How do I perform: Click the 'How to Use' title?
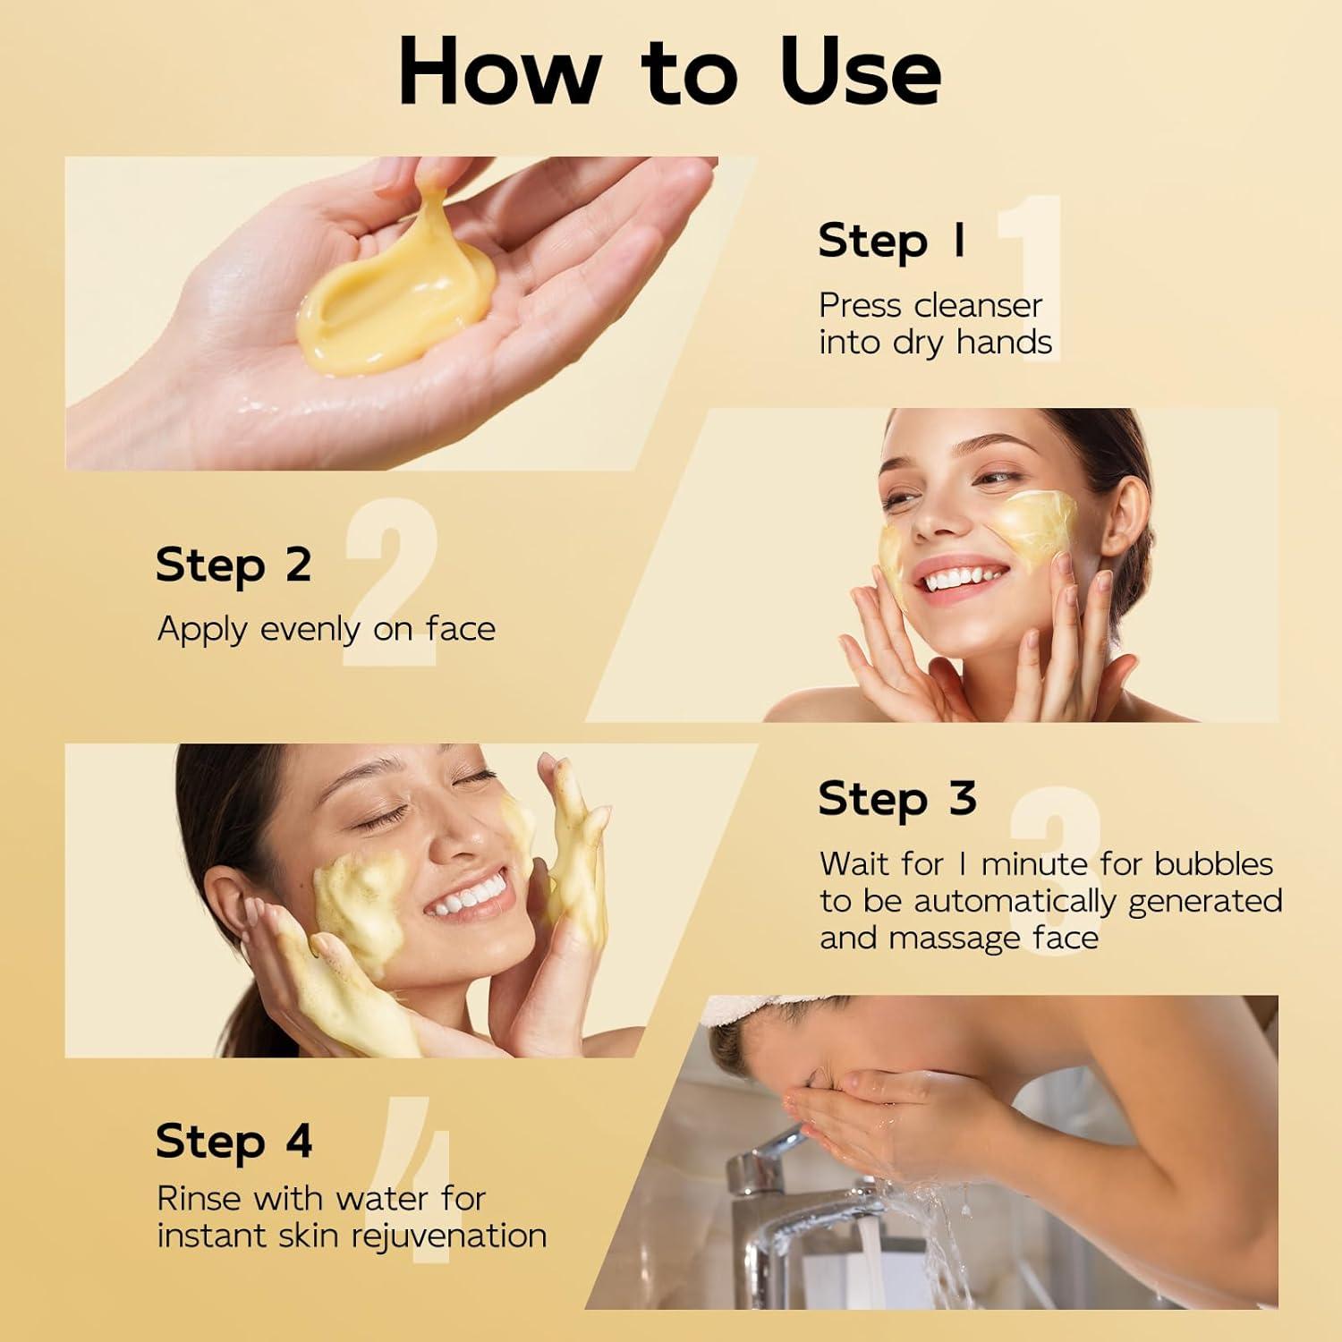click(669, 72)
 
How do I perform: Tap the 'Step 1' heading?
click(891, 242)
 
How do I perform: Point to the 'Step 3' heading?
click(896, 798)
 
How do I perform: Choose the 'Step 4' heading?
click(234, 1142)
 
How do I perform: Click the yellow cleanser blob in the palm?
click(394, 304)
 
